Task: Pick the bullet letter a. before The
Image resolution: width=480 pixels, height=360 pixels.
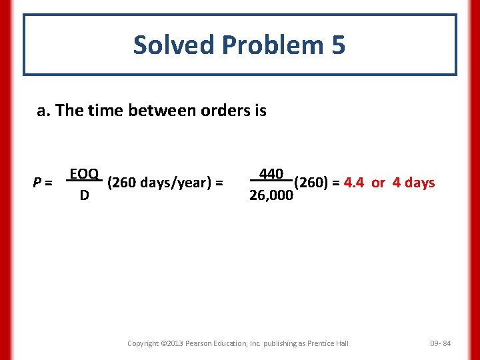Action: (44, 111)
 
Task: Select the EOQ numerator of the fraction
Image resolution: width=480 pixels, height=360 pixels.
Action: (84, 175)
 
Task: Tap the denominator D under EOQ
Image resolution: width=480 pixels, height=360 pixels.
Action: (84, 196)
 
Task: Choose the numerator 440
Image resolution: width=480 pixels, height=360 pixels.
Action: (271, 174)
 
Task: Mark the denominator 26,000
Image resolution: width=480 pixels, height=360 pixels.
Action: (271, 196)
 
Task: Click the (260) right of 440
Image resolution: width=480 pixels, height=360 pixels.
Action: (310, 182)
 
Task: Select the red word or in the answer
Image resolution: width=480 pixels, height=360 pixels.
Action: (378, 182)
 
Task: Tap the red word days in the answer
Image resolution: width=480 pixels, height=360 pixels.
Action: (419, 182)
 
